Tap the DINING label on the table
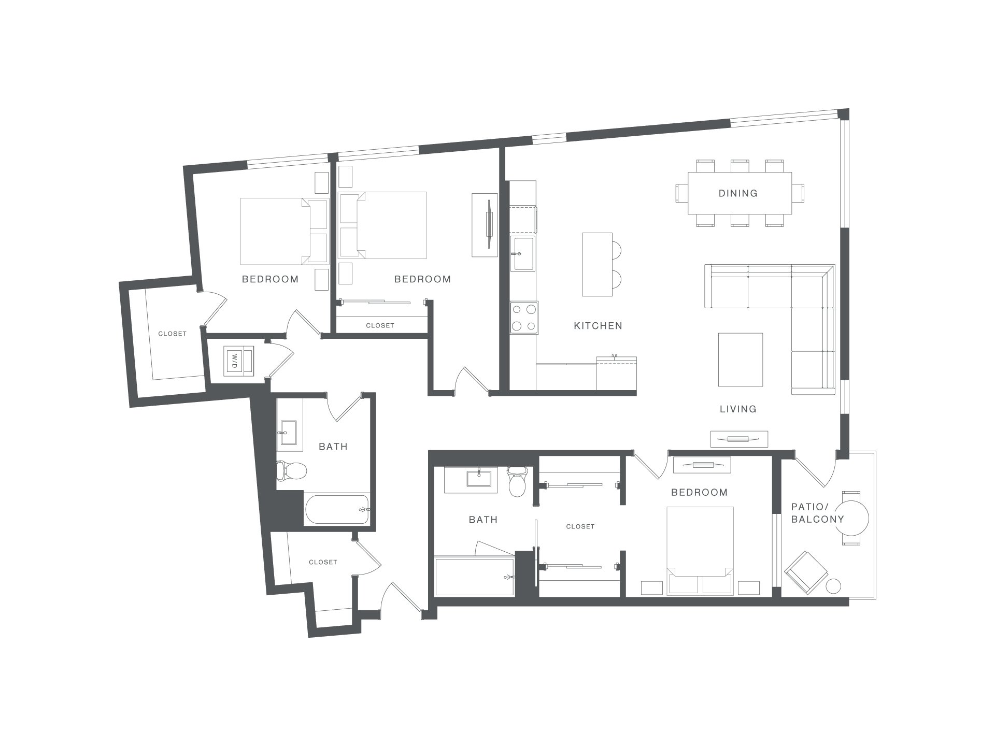click(738, 193)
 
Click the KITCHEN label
click(598, 326)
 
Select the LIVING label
click(738, 409)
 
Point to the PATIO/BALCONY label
click(817, 513)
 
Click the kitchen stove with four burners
click(524, 318)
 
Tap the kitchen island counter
click(598, 264)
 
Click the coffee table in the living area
click(741, 360)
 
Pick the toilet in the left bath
click(291, 470)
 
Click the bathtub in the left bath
click(337, 510)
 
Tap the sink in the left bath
click(286, 433)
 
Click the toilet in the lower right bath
click(517, 481)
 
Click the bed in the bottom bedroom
click(700, 551)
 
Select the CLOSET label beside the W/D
click(172, 334)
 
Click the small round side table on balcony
click(833, 586)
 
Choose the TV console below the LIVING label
click(739, 439)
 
